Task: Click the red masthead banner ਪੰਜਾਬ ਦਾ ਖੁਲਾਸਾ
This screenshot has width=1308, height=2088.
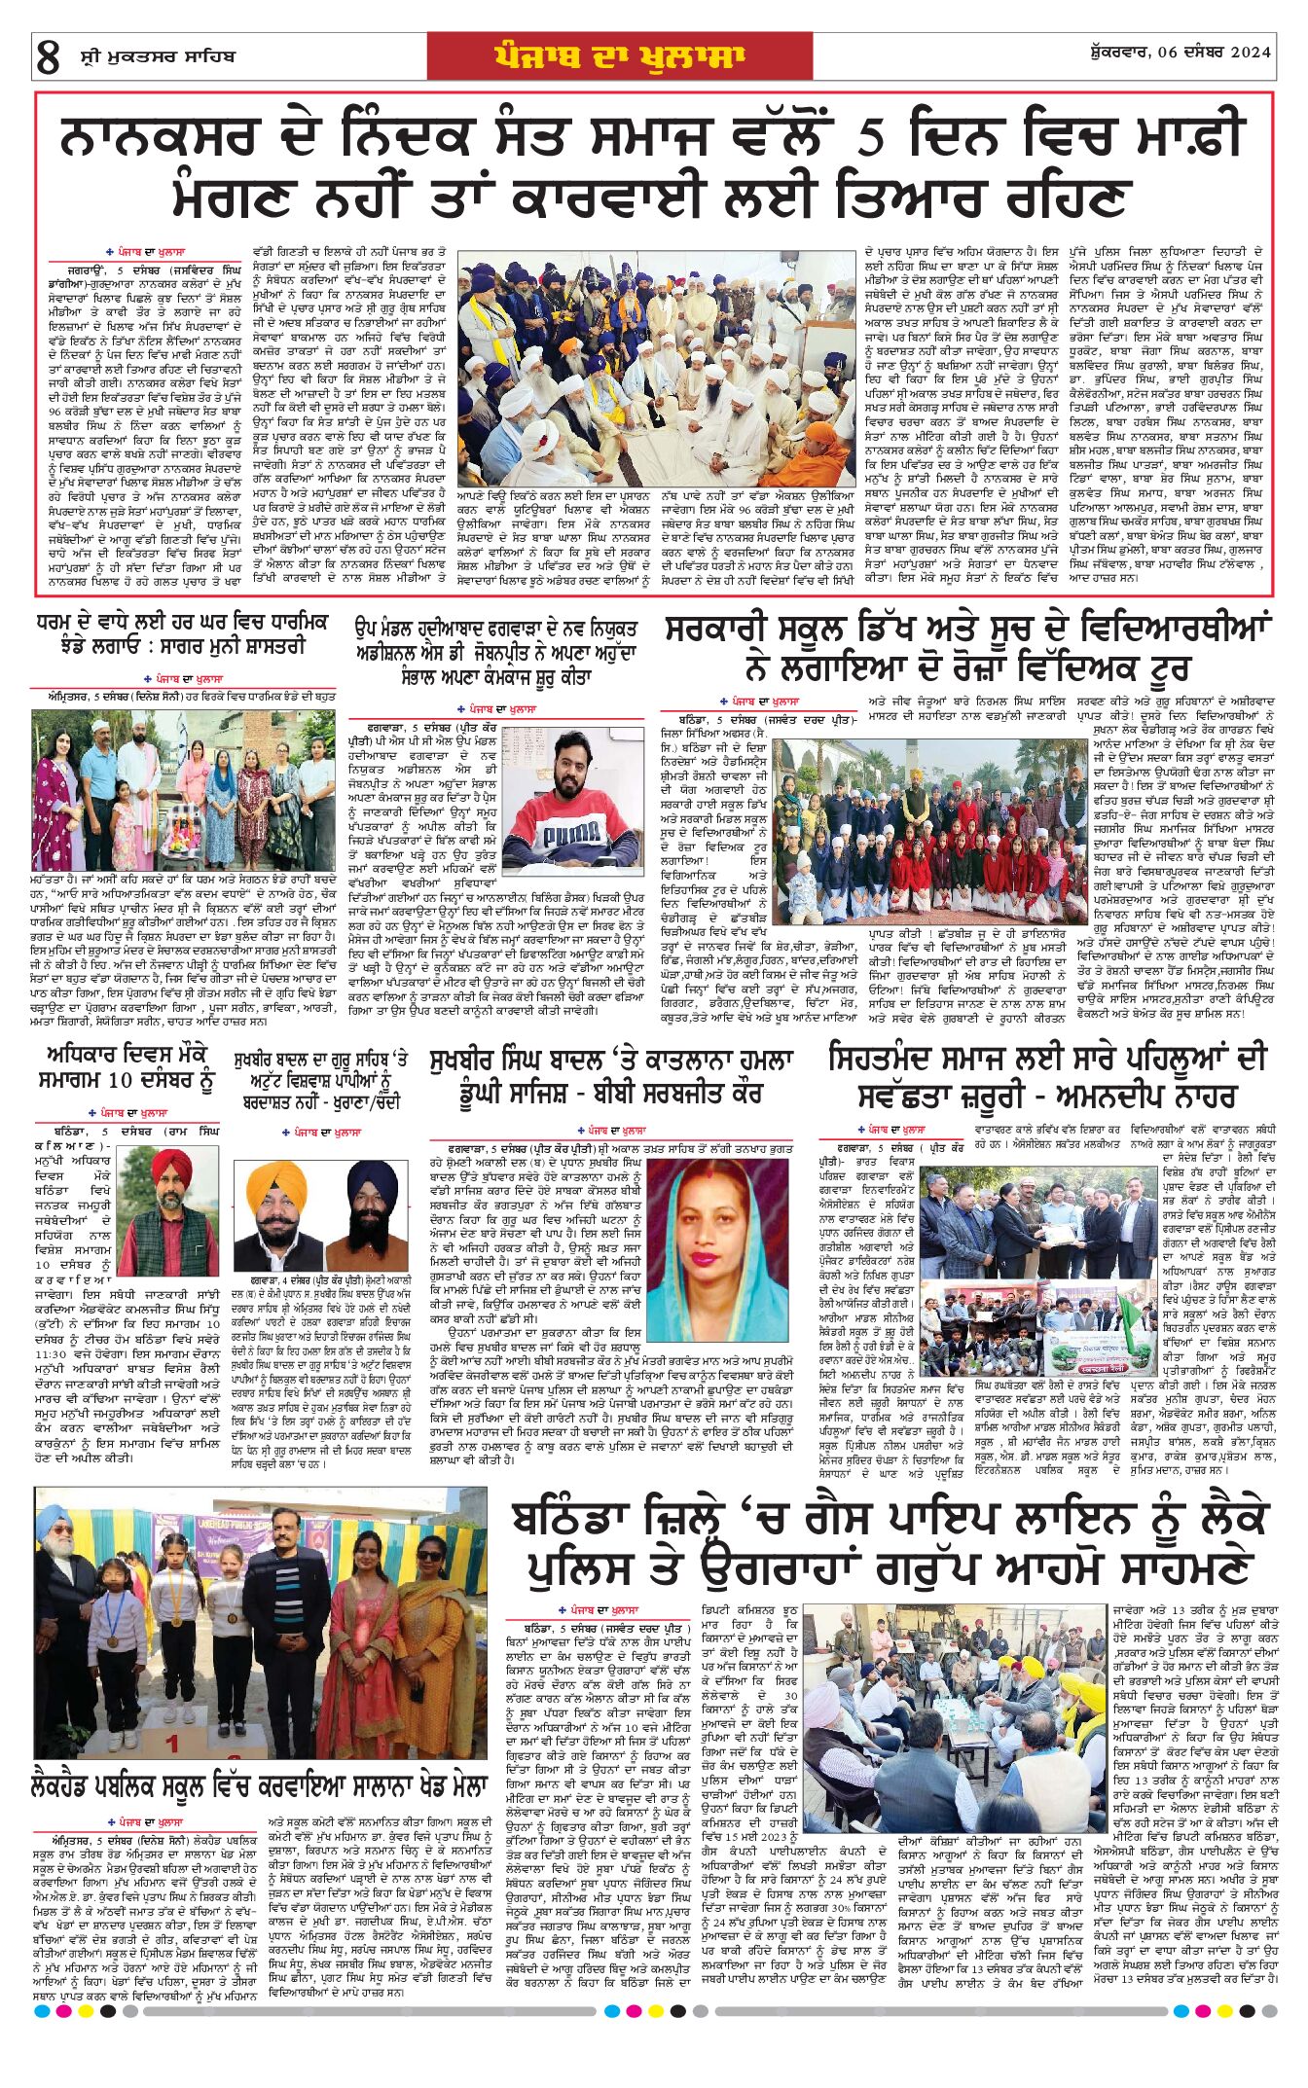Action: click(619, 55)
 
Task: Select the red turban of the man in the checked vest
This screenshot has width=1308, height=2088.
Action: click(170, 1165)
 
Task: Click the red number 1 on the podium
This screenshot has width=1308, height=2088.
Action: click(173, 1744)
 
